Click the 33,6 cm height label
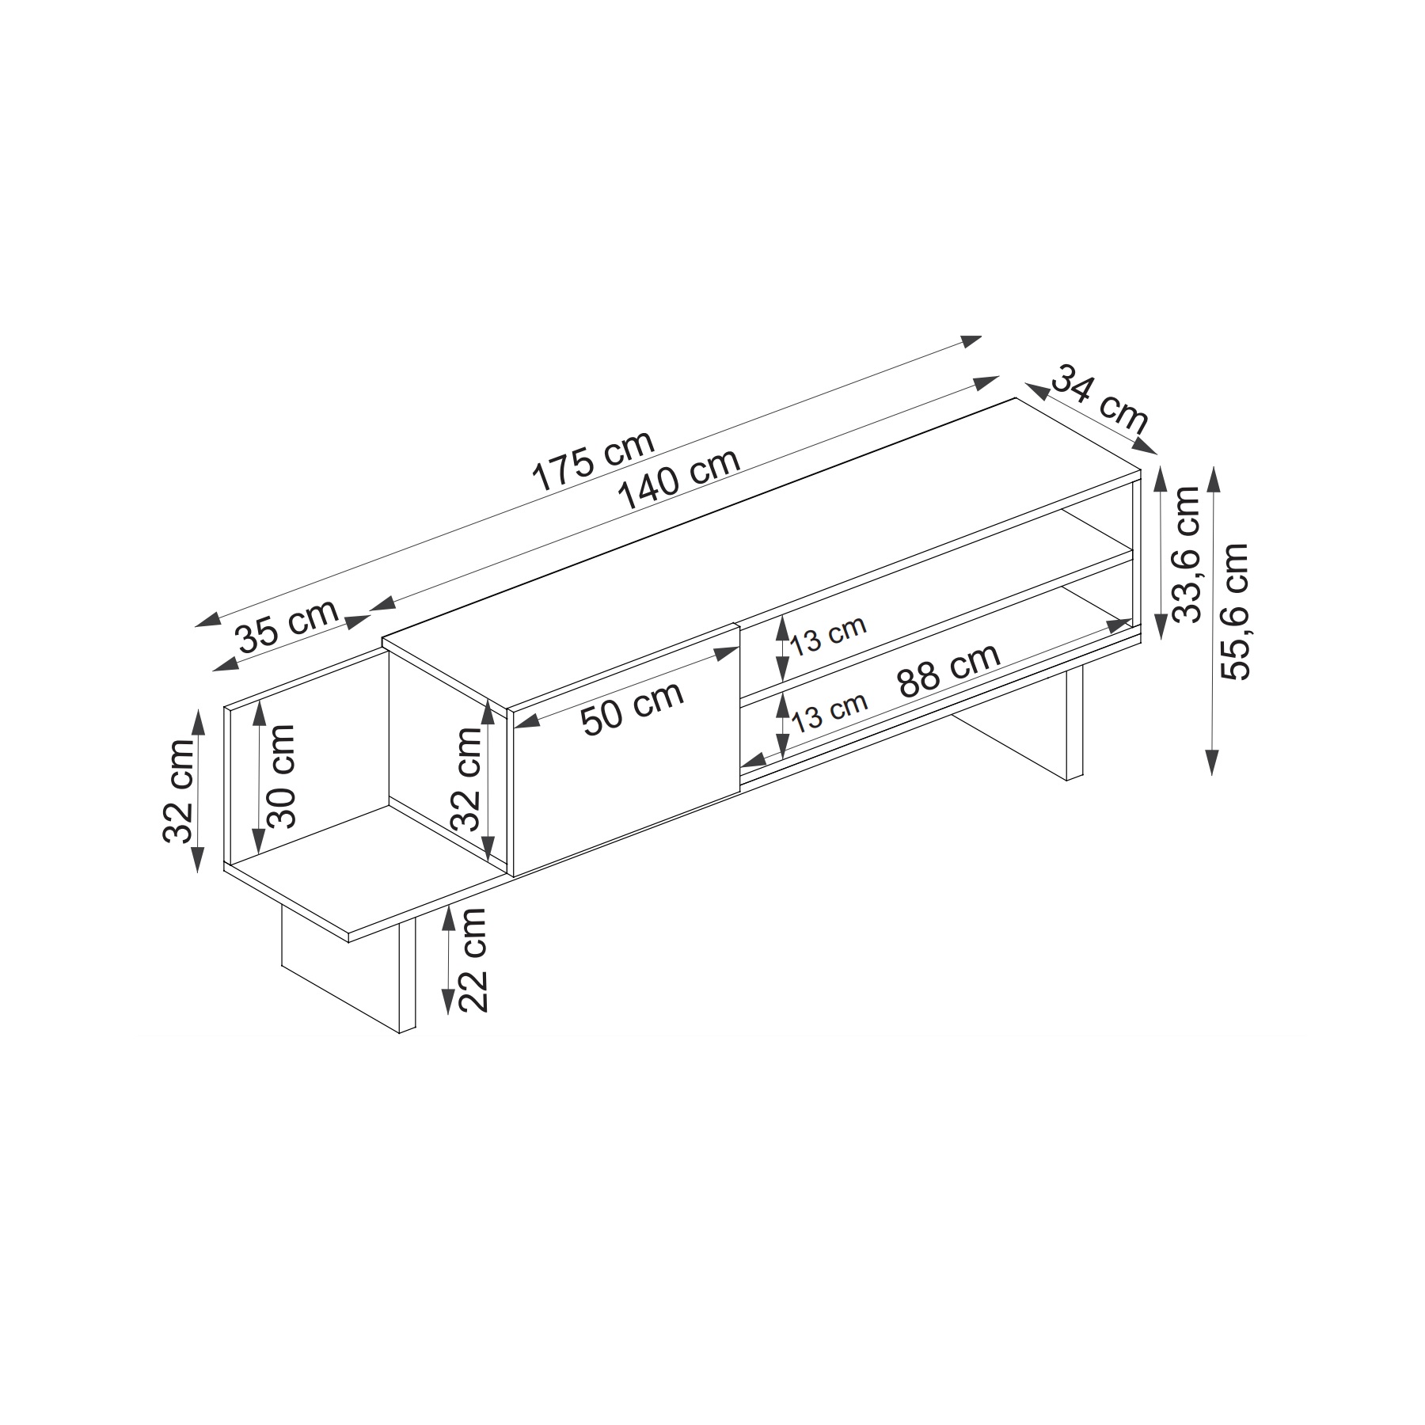[1187, 554]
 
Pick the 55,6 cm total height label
[1234, 611]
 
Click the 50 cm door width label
[632, 708]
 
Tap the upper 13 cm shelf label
[829, 635]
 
